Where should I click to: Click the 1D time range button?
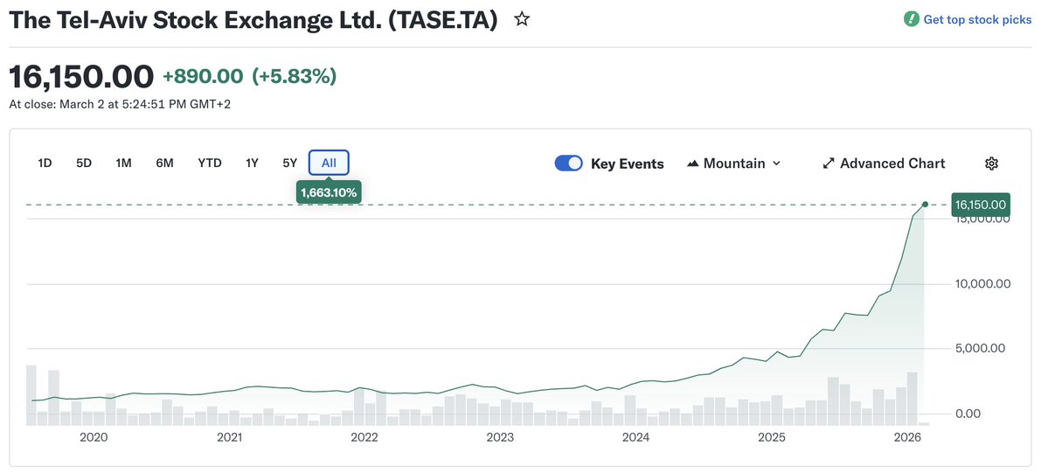point(45,163)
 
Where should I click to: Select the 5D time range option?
point(84,163)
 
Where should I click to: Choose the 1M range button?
point(123,163)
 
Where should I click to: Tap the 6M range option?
point(164,163)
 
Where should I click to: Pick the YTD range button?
point(210,163)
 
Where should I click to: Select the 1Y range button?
point(252,163)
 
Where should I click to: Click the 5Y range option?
point(289,163)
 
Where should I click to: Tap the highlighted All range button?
point(329,163)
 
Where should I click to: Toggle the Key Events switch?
point(569,163)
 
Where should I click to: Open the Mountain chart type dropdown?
point(733,163)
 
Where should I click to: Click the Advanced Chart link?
point(884,163)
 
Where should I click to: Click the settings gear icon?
point(991,163)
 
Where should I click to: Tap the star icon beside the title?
point(522,19)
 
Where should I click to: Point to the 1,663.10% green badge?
point(330,192)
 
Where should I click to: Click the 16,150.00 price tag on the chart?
point(981,205)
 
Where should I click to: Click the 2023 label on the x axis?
point(500,437)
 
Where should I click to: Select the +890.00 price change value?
point(204,77)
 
